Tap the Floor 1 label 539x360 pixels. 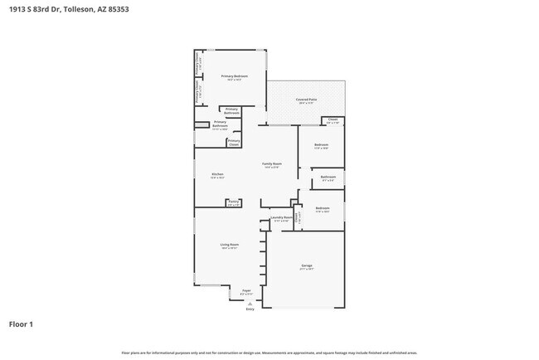22,324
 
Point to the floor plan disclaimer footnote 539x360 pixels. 269,353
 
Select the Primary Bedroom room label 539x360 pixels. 231,77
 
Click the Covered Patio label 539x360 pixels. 305,100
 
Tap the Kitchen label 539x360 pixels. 217,175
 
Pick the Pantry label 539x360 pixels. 234,202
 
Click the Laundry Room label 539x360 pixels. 282,219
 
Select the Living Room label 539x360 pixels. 229,246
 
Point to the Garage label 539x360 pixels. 306,265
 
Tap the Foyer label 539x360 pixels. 246,292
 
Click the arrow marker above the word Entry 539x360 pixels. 250,303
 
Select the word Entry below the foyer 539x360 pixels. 250,309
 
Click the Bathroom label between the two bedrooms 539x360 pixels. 328,177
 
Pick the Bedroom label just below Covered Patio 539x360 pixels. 321,146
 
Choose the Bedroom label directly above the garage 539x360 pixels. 323,209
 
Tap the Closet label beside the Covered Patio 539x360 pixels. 332,120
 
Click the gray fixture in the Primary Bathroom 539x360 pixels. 200,125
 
